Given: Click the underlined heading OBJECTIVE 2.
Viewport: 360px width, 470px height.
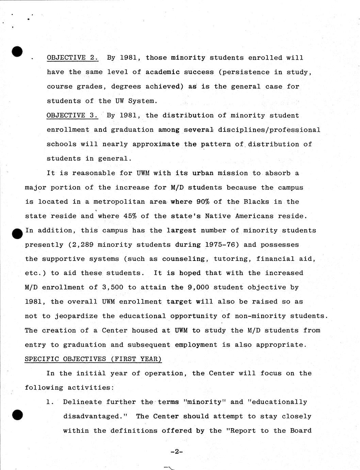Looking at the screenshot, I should tap(72, 58).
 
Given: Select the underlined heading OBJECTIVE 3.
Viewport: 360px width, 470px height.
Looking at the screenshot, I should tap(72, 115).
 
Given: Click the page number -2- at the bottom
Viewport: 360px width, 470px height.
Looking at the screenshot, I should tap(177, 452).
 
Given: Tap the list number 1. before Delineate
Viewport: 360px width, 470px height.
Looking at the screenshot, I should tap(50, 402).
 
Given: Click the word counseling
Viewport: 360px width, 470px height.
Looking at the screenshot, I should tap(185, 259).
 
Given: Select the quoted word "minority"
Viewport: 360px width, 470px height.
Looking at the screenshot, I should tap(204, 402).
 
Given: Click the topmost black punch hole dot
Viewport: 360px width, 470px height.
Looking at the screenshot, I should tap(17, 51).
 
